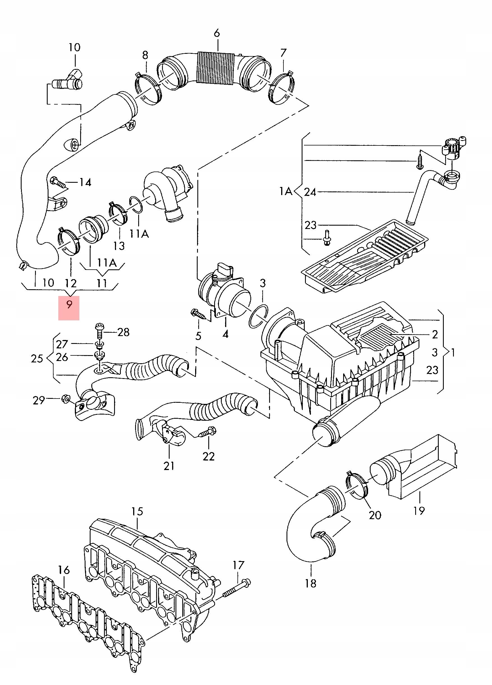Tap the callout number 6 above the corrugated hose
tap(217, 33)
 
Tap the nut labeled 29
tap(65, 400)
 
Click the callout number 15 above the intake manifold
tap(137, 511)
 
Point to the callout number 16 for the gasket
tap(64, 570)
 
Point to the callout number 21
tap(169, 466)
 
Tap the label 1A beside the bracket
tap(285, 191)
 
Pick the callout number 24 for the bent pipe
tap(310, 192)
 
